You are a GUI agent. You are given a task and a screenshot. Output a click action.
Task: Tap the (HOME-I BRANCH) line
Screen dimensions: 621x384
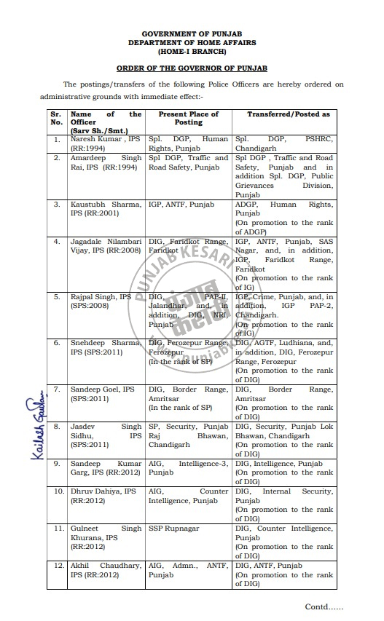coord(193,52)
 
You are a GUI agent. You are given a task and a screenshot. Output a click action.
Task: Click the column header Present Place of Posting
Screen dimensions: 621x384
coord(188,119)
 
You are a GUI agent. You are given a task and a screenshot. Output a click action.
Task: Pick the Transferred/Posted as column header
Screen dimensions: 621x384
coord(288,114)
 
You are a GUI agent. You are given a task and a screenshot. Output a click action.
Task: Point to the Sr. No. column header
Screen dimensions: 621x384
coord(56,119)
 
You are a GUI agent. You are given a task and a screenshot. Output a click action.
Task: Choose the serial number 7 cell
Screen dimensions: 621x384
coord(56,390)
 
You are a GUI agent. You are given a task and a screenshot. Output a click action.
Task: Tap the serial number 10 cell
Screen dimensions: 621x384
coord(56,492)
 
